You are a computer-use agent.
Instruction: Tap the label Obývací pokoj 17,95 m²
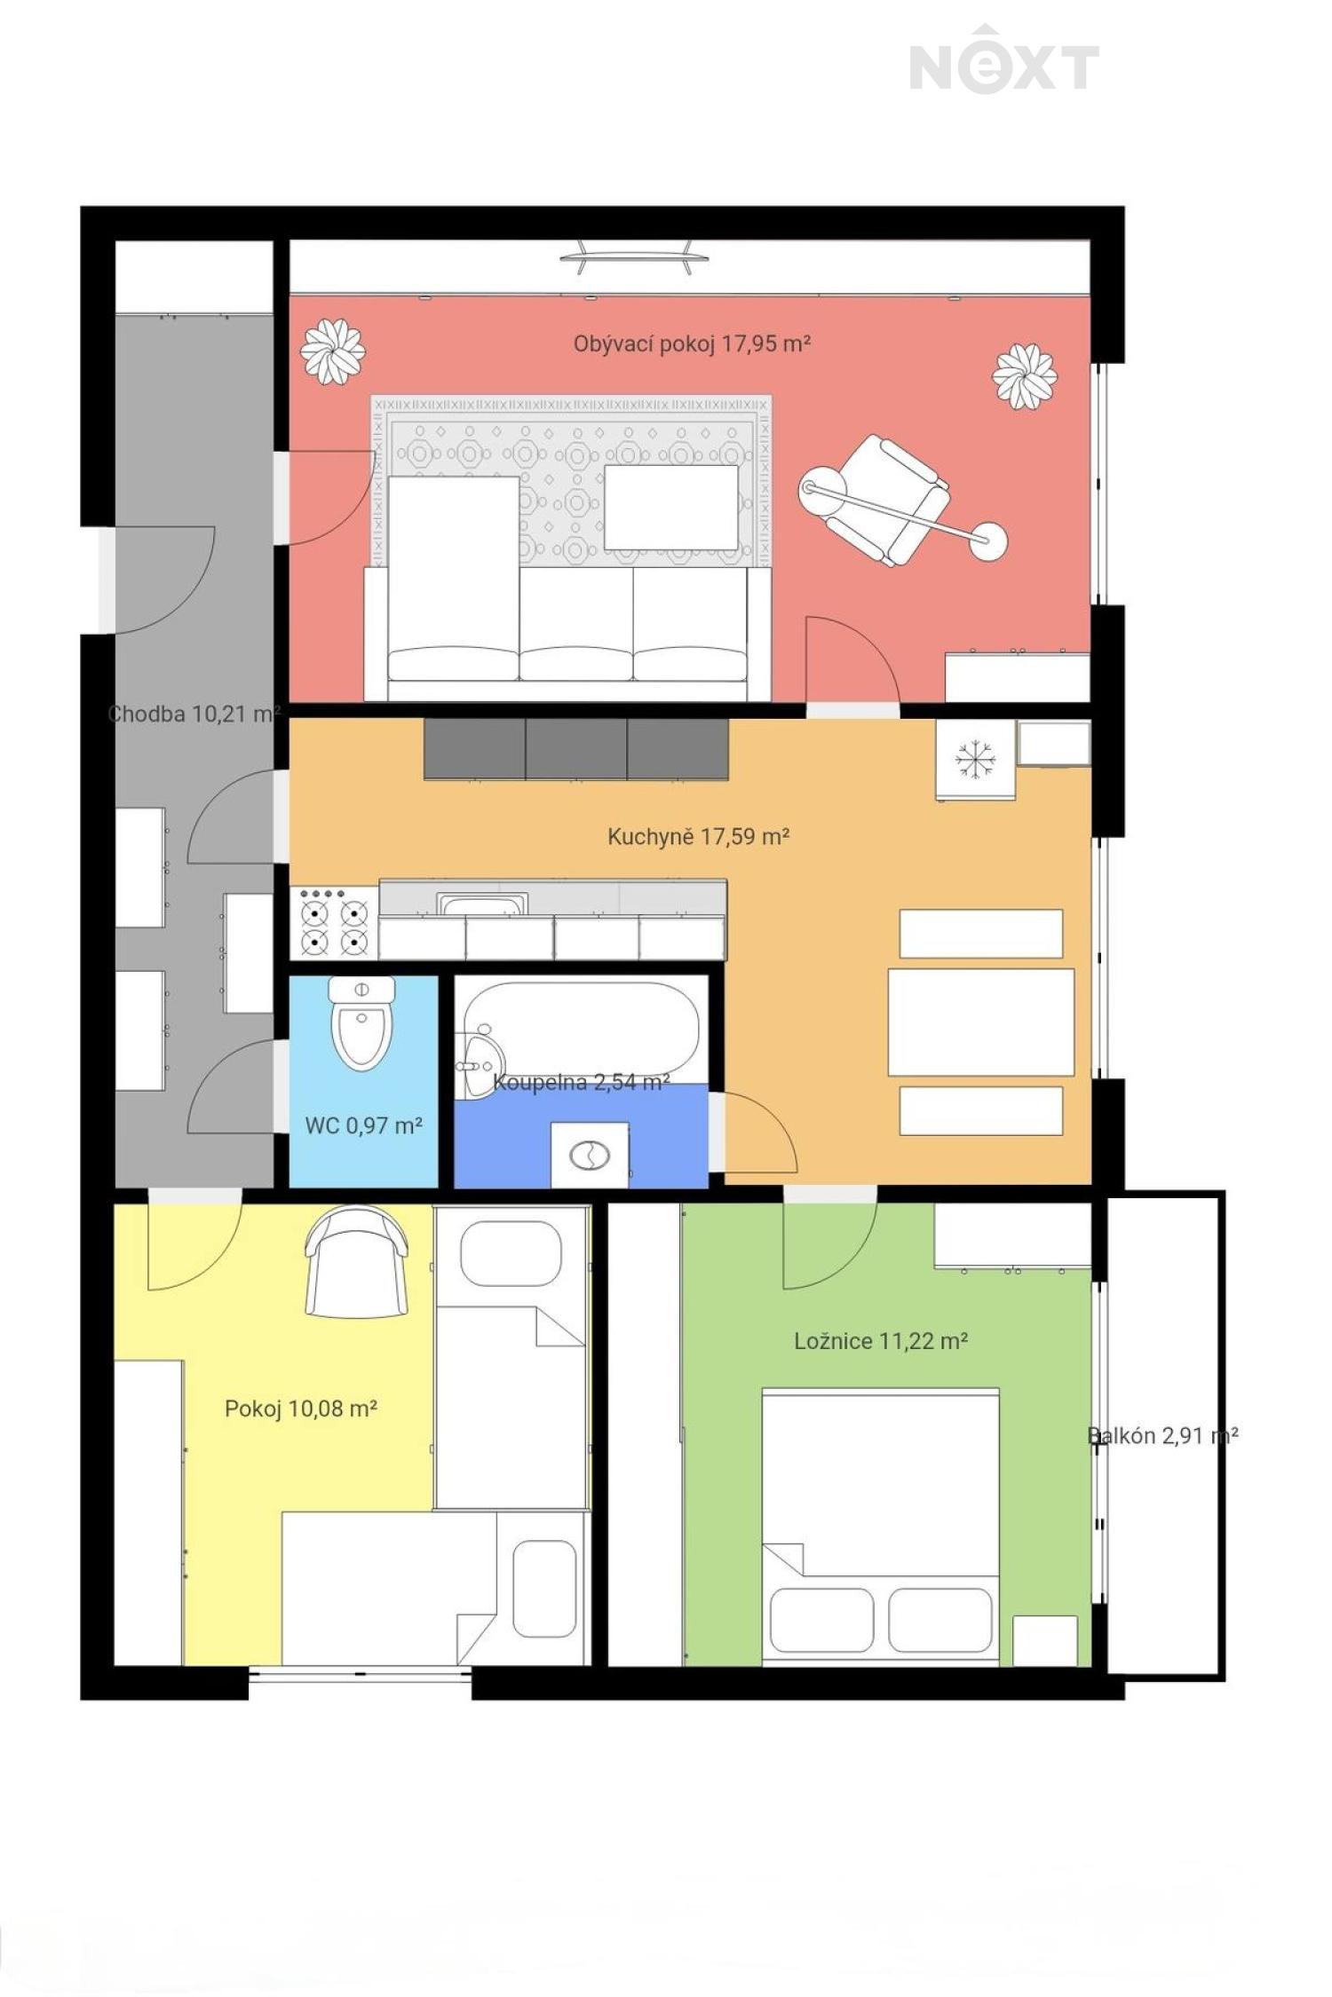point(692,343)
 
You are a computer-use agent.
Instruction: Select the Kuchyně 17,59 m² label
point(699,836)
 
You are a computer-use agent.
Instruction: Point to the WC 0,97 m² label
point(364,1125)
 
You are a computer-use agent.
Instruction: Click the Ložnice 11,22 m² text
point(881,1340)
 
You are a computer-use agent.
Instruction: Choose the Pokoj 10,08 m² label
point(301,1409)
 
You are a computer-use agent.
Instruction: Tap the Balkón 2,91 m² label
point(1163,1435)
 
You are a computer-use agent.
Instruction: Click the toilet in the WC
point(361,1022)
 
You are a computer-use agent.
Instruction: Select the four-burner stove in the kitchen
point(334,923)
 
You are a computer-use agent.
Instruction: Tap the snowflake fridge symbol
point(975,760)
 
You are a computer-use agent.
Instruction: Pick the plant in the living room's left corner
point(333,351)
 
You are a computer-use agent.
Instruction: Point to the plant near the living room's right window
point(1025,376)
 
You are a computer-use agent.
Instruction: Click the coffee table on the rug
point(671,507)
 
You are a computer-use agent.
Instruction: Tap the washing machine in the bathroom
point(590,1155)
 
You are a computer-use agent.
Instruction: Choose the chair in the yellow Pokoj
point(356,1261)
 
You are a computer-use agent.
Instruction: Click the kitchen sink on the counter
point(482,904)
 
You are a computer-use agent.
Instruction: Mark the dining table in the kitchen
point(981,1022)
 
